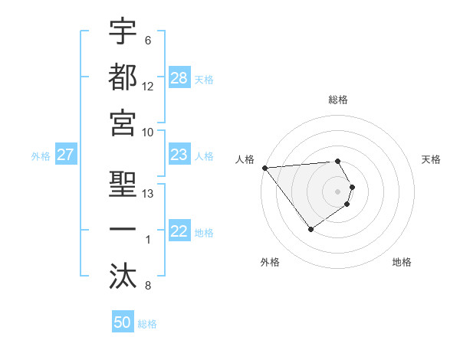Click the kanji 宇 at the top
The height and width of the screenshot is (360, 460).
(x=123, y=33)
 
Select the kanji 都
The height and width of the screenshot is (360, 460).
(x=123, y=78)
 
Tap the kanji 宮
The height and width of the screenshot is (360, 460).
(x=123, y=123)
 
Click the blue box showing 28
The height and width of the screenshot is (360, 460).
(x=179, y=78)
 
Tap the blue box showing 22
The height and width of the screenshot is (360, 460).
(x=179, y=232)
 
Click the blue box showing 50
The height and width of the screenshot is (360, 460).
(x=123, y=322)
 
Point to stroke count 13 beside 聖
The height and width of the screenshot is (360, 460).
(x=149, y=193)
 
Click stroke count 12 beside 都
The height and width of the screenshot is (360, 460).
(x=148, y=87)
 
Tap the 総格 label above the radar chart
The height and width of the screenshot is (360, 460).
(x=338, y=100)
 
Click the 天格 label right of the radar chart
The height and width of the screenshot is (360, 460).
(x=432, y=159)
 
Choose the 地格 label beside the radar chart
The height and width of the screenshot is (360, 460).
(x=402, y=262)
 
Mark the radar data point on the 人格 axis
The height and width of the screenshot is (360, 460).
(x=264, y=168)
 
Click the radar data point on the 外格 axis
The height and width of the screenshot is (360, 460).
(x=310, y=229)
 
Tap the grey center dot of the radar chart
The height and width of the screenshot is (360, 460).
(x=338, y=191)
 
